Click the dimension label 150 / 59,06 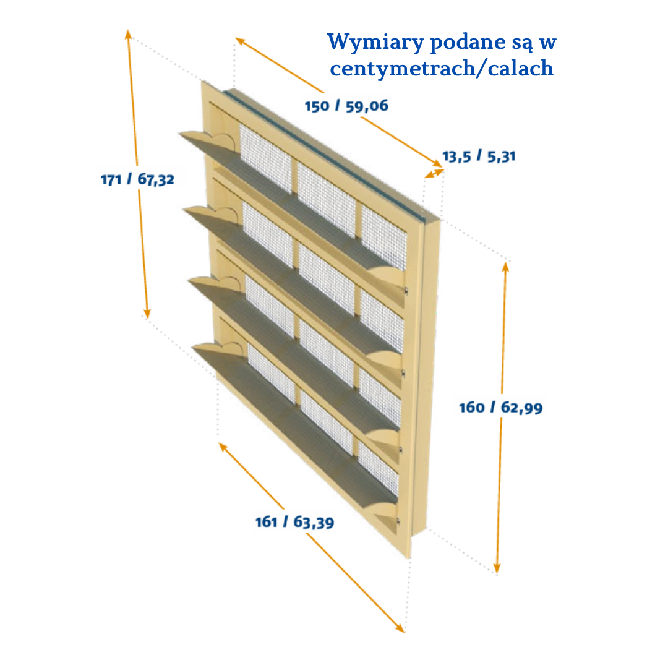346,106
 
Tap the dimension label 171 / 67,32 138,180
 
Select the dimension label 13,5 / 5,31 479,156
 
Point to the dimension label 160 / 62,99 500,408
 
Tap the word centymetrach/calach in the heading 442,68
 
